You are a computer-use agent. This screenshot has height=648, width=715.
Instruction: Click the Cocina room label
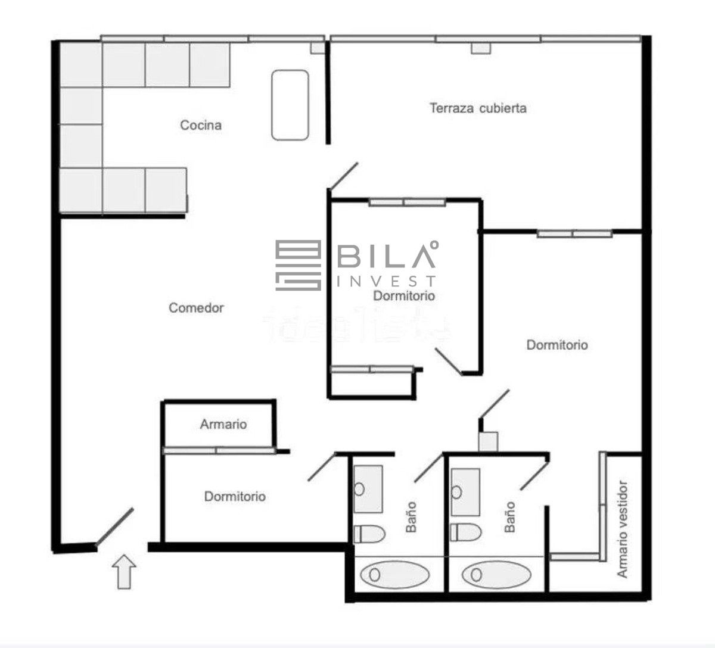point(201,125)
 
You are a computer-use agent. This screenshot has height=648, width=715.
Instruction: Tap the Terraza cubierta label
point(478,108)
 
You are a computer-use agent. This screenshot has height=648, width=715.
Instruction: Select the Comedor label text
point(196,308)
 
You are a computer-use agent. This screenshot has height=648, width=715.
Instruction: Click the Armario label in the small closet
point(223,424)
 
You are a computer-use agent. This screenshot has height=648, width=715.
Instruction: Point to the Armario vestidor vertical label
point(622,529)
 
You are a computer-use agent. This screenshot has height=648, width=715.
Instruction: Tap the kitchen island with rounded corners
point(290,105)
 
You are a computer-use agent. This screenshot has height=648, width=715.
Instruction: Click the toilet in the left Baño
point(369,534)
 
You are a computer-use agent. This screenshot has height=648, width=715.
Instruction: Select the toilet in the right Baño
point(466,532)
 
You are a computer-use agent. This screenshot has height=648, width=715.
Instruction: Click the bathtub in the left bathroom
point(394,575)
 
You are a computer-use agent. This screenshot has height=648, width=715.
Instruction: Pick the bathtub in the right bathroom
point(496,575)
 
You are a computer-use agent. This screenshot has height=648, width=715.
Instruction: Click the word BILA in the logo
point(386,256)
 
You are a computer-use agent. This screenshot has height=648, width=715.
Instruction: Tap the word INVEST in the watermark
point(386,281)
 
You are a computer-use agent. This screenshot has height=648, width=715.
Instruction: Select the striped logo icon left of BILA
point(299,266)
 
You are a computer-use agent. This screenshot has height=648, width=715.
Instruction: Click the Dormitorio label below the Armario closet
point(235,497)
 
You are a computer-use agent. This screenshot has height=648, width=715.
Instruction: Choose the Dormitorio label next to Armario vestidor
point(557,345)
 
